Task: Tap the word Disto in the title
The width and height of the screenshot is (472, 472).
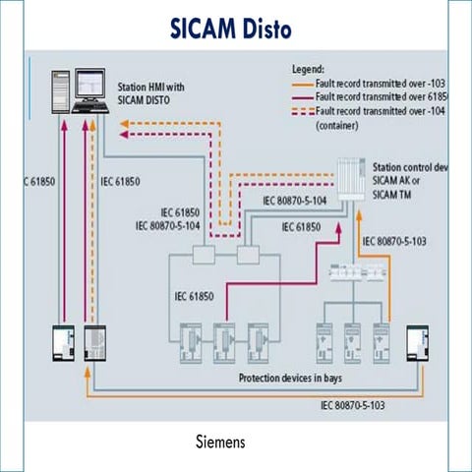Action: pos(263,29)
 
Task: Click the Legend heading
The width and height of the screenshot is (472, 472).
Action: pos(314,70)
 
